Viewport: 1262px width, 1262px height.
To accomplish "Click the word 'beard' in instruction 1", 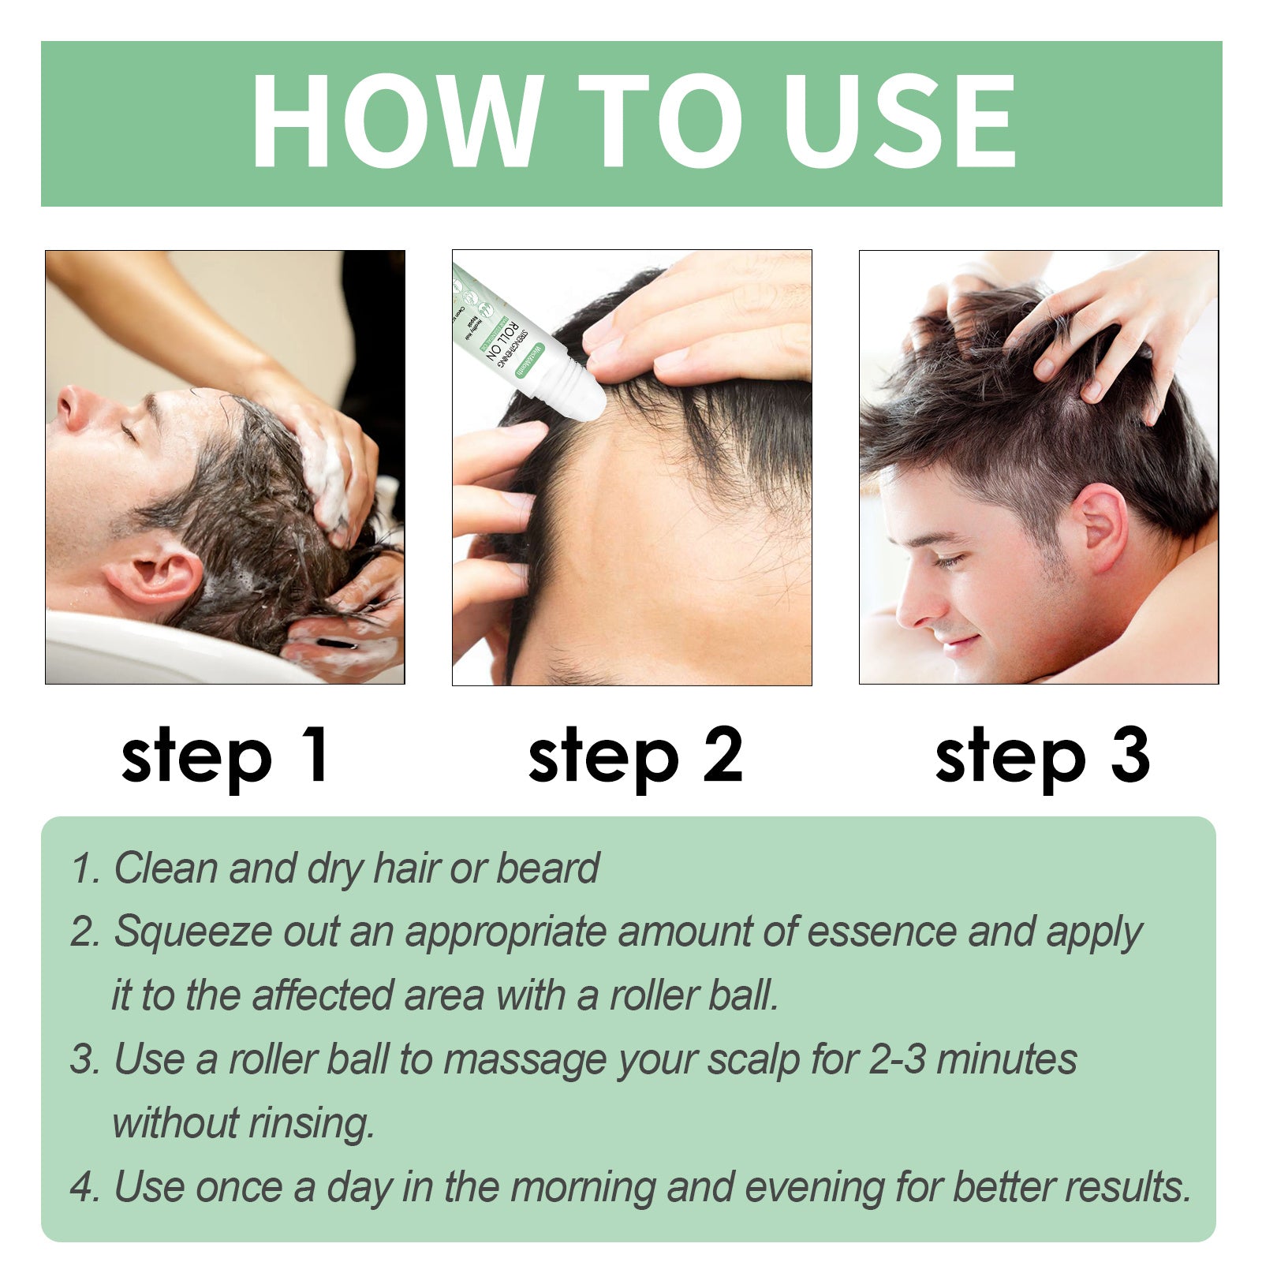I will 547,868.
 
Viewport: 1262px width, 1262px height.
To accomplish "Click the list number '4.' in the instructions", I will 84,1187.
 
